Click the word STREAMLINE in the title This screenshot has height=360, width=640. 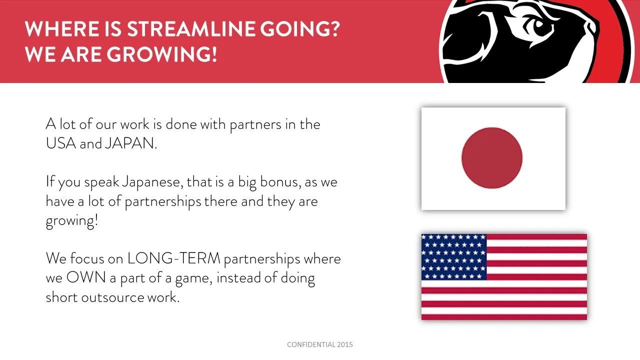click(191, 29)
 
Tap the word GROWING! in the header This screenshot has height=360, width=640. click(161, 54)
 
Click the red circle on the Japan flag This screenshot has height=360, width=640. click(492, 158)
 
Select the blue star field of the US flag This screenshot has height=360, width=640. click(454, 257)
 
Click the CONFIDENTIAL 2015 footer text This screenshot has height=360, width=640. click(320, 344)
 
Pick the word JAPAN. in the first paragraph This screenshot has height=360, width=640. click(131, 143)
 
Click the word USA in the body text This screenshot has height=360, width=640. click(61, 143)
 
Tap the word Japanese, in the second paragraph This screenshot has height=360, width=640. click(152, 182)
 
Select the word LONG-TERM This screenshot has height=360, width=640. click(173, 258)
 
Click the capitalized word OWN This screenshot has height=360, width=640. click(86, 277)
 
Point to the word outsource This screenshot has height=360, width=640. click(112, 297)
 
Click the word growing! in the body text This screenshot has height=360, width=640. click(72, 221)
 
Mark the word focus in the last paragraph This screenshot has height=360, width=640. click(87, 258)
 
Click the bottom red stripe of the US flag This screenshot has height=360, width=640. click(504, 316)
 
